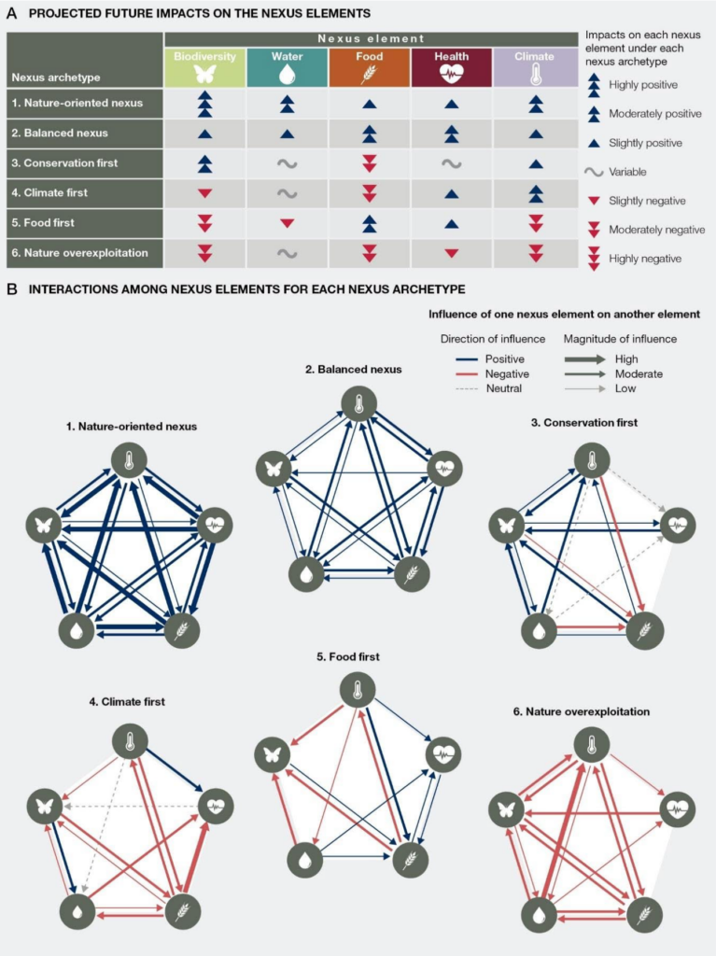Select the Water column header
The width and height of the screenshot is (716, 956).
288,66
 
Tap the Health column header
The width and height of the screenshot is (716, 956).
452,66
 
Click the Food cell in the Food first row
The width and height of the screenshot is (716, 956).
370,223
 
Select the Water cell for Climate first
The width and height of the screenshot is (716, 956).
288,193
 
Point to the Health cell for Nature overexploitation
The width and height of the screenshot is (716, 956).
452,252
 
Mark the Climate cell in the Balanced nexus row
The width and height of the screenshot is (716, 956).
535,134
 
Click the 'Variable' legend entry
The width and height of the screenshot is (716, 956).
628,172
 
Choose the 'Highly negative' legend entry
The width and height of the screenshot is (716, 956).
643,258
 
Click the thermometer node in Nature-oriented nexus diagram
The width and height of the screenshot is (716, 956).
129,459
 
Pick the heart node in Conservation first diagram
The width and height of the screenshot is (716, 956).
678,526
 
